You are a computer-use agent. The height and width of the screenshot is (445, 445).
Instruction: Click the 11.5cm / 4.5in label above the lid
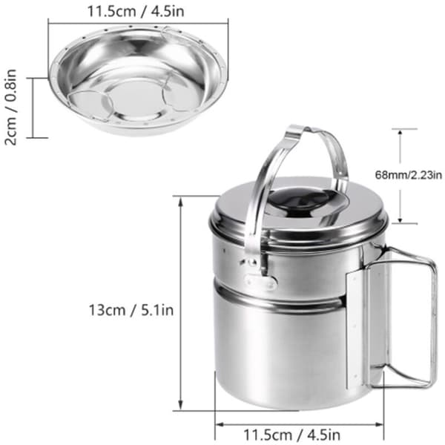click(x=136, y=11)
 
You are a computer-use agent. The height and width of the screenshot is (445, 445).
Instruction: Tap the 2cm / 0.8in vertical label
click(x=11, y=108)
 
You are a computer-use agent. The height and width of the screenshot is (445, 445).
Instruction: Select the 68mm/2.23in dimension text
click(x=409, y=175)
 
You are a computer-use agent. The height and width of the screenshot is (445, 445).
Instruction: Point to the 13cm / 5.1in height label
click(x=131, y=310)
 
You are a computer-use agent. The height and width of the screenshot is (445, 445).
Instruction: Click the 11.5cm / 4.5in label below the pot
click(x=291, y=435)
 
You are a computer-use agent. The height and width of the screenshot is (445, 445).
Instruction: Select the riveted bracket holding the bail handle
click(x=260, y=281)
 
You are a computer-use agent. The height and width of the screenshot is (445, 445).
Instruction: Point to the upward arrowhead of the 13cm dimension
click(x=180, y=202)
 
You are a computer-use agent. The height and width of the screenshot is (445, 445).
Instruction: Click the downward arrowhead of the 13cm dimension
click(x=180, y=404)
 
